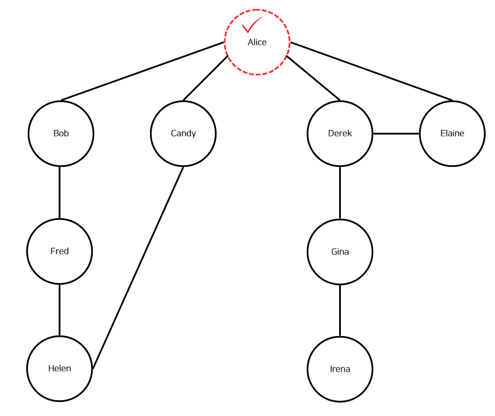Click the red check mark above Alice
click(x=252, y=25)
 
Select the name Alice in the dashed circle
click(x=257, y=42)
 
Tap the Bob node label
click(x=61, y=133)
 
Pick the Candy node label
click(x=183, y=134)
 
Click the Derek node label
click(x=340, y=133)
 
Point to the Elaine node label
click(x=452, y=133)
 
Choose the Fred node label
click(x=60, y=251)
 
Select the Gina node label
click(x=340, y=251)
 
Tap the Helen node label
click(x=60, y=368)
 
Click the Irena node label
click(x=340, y=369)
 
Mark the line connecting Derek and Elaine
click(x=396, y=134)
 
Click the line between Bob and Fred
click(x=60, y=193)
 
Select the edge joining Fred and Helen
click(x=60, y=310)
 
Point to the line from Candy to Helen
click(x=138, y=267)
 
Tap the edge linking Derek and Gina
click(x=340, y=193)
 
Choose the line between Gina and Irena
click(x=340, y=310)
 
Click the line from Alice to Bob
click(x=142, y=71)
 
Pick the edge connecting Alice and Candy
click(x=205, y=78)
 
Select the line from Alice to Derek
click(x=313, y=78)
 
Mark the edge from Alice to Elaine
click(x=371, y=71)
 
